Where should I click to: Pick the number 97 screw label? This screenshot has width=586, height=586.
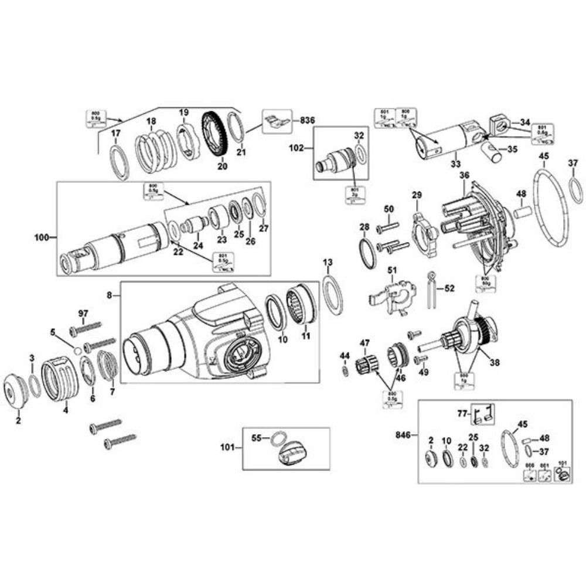click(x=83, y=315)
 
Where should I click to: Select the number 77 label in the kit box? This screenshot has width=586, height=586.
click(x=461, y=413)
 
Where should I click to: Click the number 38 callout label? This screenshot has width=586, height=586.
click(x=495, y=362)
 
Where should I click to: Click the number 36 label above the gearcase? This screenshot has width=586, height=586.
click(x=464, y=175)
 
